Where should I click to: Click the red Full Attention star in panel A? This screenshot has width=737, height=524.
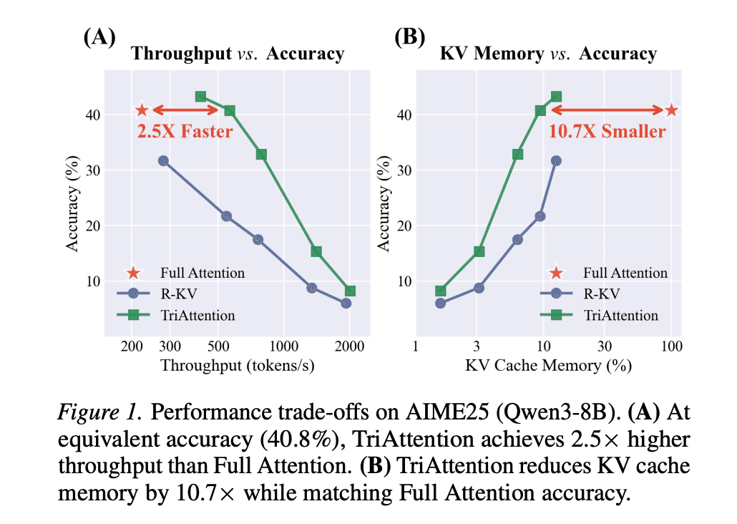(x=142, y=110)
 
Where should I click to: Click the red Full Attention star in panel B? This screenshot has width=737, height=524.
(x=671, y=110)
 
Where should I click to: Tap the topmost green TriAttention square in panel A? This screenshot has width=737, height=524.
(x=201, y=96)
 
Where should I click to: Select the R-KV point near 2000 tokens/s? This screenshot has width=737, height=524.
(x=346, y=303)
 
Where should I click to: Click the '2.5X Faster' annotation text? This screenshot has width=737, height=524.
(x=185, y=132)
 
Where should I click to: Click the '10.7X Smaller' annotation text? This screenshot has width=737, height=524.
(x=607, y=132)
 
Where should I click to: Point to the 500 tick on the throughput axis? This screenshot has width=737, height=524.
(x=218, y=346)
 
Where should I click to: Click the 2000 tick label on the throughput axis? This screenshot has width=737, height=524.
(x=349, y=346)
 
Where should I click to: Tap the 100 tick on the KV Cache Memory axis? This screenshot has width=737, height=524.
(x=671, y=346)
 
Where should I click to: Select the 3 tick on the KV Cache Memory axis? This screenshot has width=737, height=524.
(x=477, y=346)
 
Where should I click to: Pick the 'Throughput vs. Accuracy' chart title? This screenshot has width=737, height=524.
(x=238, y=54)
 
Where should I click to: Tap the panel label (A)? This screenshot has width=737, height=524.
(x=99, y=37)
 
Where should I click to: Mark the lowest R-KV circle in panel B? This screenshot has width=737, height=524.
(x=441, y=303)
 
